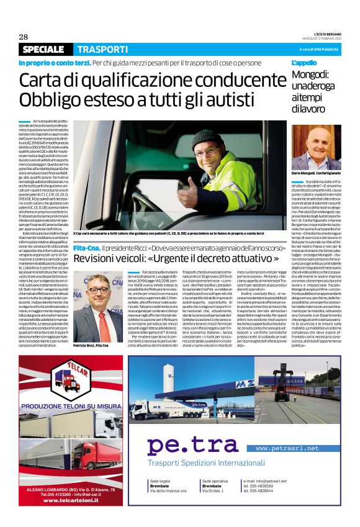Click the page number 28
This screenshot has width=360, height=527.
click(24, 37)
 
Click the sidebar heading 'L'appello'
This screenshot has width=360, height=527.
click(304, 63)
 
